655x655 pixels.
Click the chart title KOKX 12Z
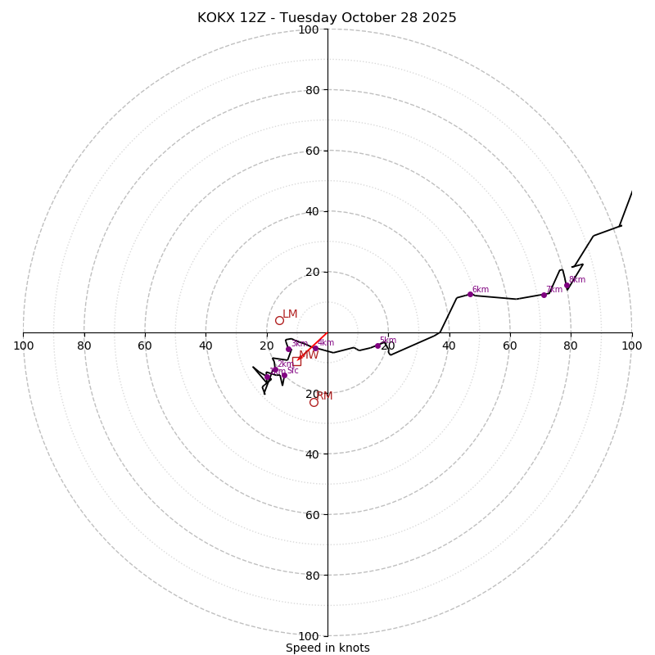point(327,18)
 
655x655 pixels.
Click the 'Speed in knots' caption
point(327,648)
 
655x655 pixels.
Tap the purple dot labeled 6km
point(470,294)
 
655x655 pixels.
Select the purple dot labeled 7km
point(544,295)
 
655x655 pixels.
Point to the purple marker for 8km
point(567,286)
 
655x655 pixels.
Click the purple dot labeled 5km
point(377,346)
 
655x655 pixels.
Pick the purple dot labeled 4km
point(315,348)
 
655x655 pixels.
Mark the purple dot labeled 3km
point(288,349)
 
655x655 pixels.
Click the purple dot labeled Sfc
point(284,375)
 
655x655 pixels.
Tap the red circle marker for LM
point(279,320)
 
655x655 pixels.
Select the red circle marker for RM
point(314,402)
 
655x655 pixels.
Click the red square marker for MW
point(296,361)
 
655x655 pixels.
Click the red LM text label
point(290,314)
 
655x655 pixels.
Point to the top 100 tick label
point(309,29)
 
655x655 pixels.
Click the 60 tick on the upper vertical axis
point(312,151)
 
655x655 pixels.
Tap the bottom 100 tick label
point(309,636)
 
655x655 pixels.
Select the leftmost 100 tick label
point(24,346)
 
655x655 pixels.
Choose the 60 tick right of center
point(510,346)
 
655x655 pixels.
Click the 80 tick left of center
point(84,346)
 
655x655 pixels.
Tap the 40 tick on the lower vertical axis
point(312,454)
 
